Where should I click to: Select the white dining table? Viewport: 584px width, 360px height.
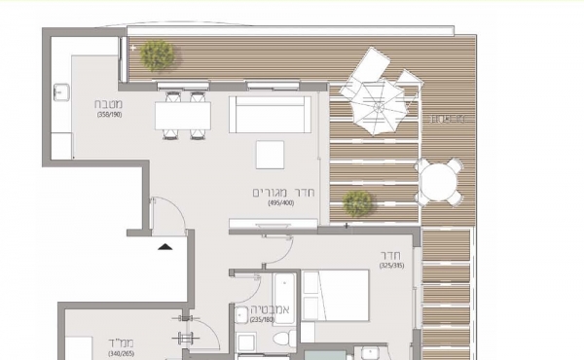tap(183, 116)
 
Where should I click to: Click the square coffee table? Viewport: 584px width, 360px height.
tap(270, 155)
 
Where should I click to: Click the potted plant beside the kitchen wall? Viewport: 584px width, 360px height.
tap(156, 56)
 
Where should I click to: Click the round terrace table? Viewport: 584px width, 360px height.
tap(439, 181)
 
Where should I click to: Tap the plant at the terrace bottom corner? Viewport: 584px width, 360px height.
tap(358, 202)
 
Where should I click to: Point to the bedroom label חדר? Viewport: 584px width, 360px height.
tap(392, 257)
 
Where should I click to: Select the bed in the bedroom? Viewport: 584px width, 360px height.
tap(335, 295)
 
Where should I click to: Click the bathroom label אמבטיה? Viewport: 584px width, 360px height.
tap(260, 306)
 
